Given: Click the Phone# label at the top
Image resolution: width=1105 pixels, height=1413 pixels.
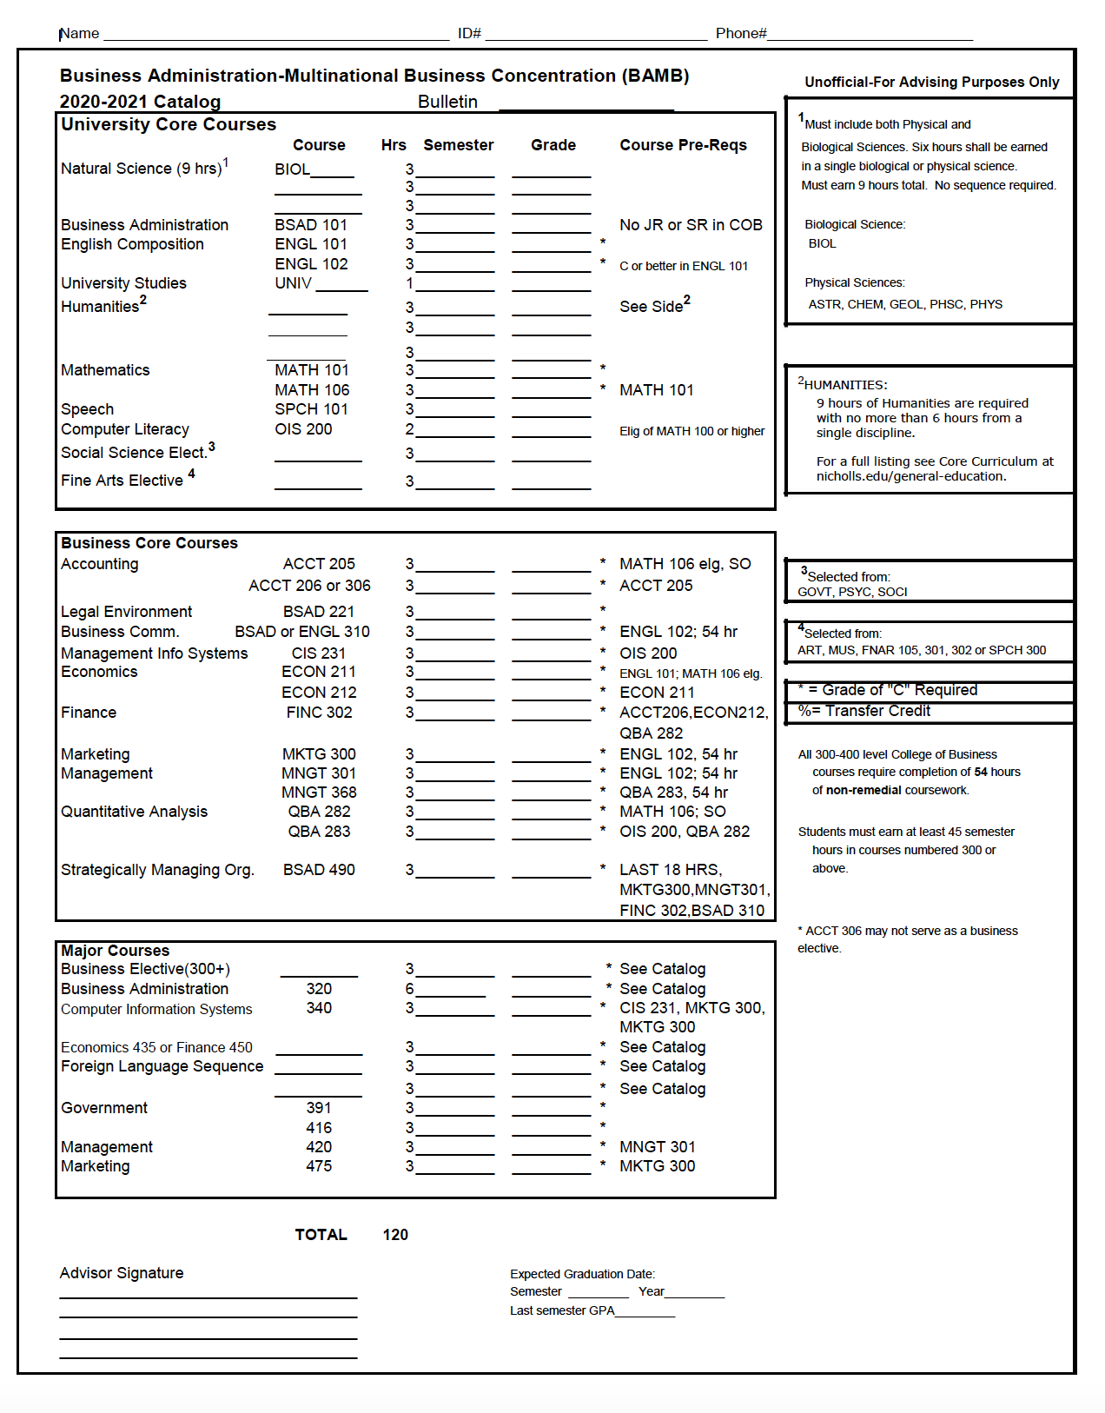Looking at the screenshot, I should pos(740,33).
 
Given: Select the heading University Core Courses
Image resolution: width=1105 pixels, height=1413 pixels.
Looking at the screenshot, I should pos(169,124).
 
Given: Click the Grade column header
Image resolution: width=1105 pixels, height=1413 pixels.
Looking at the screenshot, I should pos(553,145).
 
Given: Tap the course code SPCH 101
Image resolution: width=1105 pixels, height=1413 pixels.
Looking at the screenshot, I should pos(311,409).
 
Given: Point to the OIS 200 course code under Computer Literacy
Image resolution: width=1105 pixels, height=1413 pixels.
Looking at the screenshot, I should pos(303,429).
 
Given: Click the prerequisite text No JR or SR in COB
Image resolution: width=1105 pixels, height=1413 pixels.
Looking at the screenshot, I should pos(691,225).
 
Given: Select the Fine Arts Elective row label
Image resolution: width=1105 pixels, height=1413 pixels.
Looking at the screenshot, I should pos(122,481).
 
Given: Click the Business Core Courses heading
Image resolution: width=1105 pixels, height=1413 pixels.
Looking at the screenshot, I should pos(149,543).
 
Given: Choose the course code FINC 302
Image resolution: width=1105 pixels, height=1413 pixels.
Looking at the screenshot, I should pos(319,713).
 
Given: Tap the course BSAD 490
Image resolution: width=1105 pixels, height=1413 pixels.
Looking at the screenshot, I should pos(319,870).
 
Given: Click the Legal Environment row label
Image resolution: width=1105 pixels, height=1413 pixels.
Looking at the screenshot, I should pos(127,612).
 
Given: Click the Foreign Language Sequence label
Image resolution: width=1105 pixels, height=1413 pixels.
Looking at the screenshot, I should pos(162,1066).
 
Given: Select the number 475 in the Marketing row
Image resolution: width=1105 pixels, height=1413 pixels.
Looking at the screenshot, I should pos(319,1166).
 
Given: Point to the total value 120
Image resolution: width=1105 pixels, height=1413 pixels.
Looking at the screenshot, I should pos(395,1235).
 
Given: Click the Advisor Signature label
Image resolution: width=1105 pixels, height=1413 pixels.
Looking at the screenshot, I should pos(122,1273).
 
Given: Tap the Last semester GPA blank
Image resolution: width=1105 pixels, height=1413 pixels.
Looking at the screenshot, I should pos(645,1312).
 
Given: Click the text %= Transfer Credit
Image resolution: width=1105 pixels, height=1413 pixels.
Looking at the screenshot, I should pos(864,711).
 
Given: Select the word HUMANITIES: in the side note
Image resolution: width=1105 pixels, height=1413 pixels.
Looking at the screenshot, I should pos(845,385).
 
